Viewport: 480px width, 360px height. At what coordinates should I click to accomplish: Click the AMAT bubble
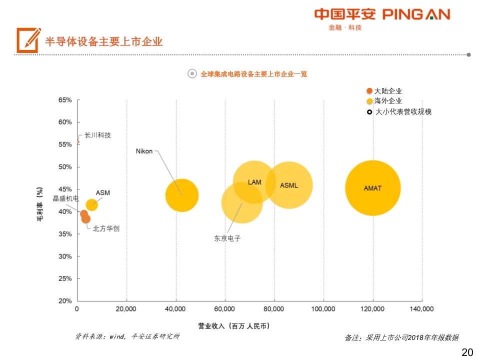372,188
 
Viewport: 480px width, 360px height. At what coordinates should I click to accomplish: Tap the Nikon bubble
182,195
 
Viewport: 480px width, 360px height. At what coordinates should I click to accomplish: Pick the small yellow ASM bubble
91,204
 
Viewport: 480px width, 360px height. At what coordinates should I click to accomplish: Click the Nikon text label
144,151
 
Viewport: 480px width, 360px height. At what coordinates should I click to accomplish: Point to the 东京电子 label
227,238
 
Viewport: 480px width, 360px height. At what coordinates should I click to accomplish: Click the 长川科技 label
97,135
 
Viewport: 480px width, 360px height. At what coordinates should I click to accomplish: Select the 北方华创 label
106,228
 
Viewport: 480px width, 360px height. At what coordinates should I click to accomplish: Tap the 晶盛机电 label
66,198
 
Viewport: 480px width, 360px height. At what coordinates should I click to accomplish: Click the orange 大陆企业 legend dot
369,91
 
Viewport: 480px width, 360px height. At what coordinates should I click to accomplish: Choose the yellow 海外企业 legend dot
369,101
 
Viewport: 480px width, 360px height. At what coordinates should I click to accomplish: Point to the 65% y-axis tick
65,100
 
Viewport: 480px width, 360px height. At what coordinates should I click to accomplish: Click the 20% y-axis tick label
65,301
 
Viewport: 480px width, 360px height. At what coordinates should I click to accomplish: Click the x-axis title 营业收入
233,325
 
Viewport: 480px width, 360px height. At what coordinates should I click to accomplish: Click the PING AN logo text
416,14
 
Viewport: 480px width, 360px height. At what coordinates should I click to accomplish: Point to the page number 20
466,352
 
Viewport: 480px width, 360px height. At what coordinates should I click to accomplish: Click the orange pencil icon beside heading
28,40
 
